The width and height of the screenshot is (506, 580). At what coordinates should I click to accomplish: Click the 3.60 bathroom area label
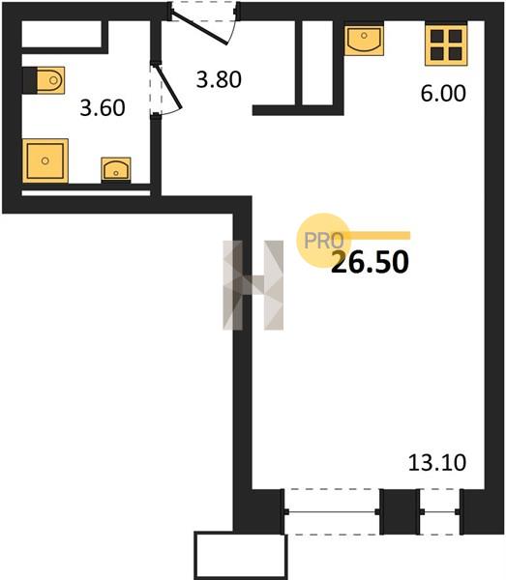103,108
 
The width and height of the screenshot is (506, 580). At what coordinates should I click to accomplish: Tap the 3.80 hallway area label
219,79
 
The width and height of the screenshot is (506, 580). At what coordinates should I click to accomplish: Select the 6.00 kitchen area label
443,93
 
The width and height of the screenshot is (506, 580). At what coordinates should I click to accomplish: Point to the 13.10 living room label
437,463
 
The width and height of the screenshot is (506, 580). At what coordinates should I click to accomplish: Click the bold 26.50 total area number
370,262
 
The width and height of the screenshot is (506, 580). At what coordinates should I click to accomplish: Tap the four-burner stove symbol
446,44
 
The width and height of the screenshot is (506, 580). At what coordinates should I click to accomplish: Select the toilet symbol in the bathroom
50,80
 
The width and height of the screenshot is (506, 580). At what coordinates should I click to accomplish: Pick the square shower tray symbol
45,160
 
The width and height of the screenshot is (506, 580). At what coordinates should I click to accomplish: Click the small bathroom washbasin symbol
116,169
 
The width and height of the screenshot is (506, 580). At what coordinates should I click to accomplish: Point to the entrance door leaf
200,28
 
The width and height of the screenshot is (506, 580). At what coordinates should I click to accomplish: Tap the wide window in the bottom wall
332,512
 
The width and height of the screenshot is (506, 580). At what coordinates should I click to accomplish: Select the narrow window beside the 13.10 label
440,512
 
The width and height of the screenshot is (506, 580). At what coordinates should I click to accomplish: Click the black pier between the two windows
400,512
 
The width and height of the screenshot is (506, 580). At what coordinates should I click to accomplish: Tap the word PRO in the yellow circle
323,241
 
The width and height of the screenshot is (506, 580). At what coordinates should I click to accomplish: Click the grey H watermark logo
253,285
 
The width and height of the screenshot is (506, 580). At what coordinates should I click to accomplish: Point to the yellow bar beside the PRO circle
377,236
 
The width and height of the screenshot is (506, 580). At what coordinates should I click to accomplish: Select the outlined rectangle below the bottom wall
241,556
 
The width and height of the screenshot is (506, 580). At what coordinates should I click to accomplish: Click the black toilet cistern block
30,80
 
